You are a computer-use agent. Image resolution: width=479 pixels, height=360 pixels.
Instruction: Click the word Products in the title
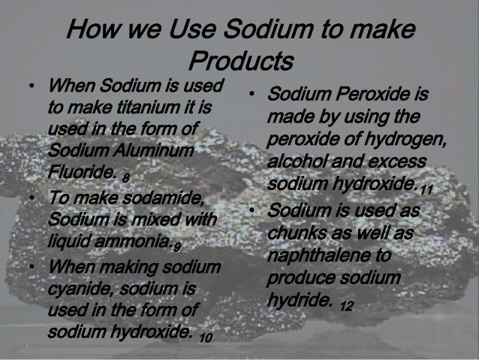[x=239, y=59]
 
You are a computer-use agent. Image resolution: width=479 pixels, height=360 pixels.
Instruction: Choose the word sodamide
[x=164, y=201]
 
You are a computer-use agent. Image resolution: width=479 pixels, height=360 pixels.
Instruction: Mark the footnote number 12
[x=346, y=306]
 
